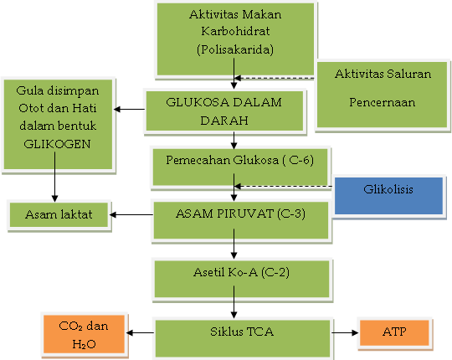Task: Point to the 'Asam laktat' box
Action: point(58,214)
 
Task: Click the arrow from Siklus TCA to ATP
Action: point(342,332)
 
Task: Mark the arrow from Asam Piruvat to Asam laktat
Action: point(131,214)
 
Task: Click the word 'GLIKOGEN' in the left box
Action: point(55,142)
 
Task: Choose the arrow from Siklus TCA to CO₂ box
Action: point(140,332)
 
